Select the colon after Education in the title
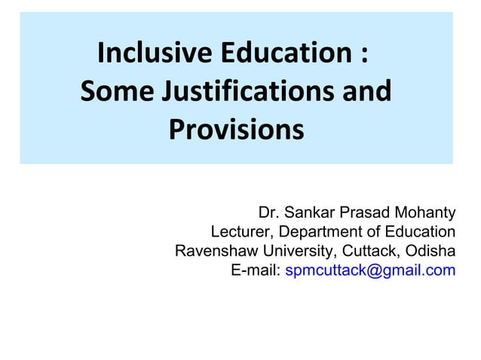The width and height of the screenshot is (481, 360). (364, 56)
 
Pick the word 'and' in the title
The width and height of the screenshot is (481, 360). (366, 93)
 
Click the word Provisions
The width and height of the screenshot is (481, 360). (236, 131)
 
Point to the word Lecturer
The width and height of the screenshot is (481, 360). (241, 230)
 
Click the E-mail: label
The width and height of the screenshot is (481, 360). (256, 271)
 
